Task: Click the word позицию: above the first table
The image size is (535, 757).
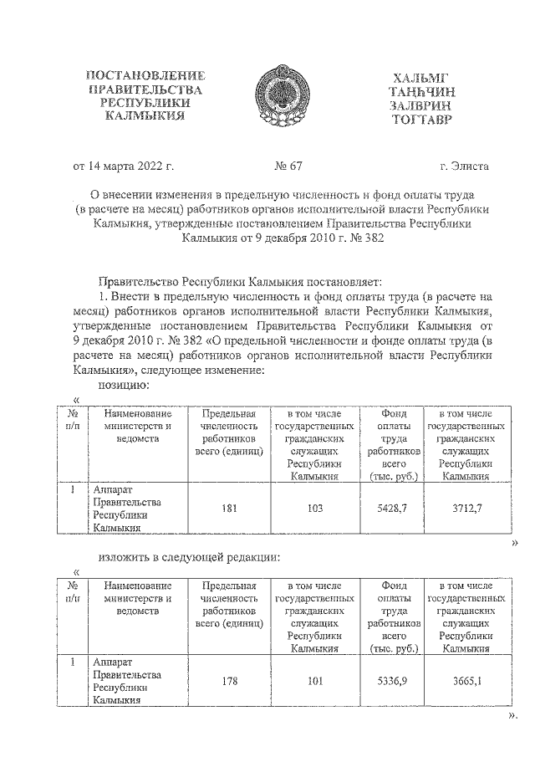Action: pyautogui.click(x=124, y=386)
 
